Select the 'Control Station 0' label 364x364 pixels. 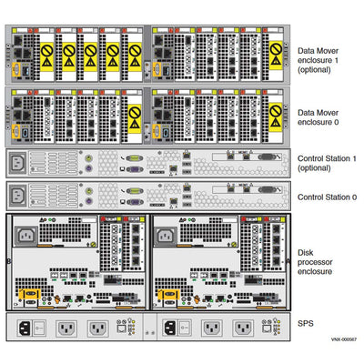pyautogui.click(x=329, y=196)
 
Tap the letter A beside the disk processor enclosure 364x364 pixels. pyautogui.click(x=290, y=261)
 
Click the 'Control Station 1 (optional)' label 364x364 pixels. pyautogui.click(x=329, y=163)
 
